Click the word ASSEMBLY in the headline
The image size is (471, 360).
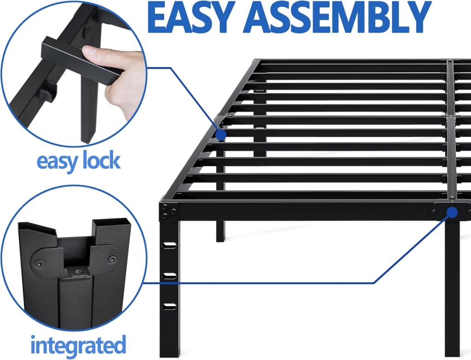coord(343,17)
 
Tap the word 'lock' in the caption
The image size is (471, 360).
coord(99,161)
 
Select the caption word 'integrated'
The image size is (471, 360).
coord(78,344)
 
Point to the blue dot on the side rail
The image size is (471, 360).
coord(221,134)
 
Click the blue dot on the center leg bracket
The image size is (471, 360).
coord(452,212)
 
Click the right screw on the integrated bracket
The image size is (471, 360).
coord(112,259)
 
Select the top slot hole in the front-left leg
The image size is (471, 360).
coord(169,244)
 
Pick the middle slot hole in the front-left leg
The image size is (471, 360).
coord(169,275)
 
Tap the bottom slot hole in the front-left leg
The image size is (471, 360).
coord(169,306)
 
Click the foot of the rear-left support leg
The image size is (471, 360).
coord(220,237)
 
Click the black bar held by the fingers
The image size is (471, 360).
coord(74,58)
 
